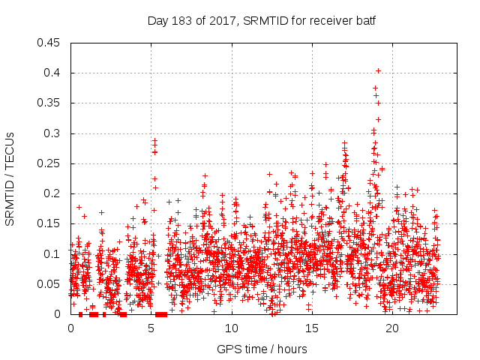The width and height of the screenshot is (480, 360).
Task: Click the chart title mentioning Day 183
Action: [261, 20]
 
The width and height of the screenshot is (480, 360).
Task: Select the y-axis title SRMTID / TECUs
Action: [10, 178]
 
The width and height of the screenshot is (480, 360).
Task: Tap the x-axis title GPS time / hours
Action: [261, 349]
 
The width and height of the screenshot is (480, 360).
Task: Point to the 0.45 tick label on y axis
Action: [49, 43]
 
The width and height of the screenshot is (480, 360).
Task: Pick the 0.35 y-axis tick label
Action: [49, 103]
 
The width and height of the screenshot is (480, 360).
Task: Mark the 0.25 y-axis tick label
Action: [49, 163]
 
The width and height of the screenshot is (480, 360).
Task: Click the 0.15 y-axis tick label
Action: [49, 224]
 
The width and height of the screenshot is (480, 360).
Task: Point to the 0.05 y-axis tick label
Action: [49, 284]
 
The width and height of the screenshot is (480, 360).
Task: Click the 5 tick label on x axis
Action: [151, 328]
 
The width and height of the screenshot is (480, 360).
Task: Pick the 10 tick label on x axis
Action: [232, 328]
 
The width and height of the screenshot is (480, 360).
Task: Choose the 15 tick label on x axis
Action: [312, 328]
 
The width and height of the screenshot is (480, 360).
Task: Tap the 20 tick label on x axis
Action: [392, 328]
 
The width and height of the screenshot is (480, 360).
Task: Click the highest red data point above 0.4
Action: [378, 71]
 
